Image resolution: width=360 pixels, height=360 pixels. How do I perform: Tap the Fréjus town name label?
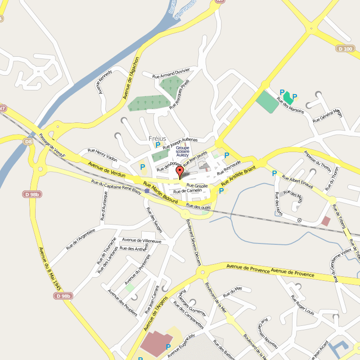tap(157, 138)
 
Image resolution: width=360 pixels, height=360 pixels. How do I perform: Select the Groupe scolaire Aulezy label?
tap(183, 151)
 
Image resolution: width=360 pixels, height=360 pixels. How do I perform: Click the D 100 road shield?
tap(345, 49)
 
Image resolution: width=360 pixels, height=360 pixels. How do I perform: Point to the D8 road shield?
tap(28, 142)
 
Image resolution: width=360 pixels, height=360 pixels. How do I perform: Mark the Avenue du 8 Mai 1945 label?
tap(49, 269)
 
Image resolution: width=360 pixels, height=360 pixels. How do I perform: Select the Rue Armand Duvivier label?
tap(171, 73)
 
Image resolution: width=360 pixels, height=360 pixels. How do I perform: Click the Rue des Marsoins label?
tap(290, 105)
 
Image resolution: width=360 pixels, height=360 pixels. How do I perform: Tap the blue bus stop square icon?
tap(147, 191)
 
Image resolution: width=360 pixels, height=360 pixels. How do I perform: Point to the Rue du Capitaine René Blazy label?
tap(116, 187)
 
